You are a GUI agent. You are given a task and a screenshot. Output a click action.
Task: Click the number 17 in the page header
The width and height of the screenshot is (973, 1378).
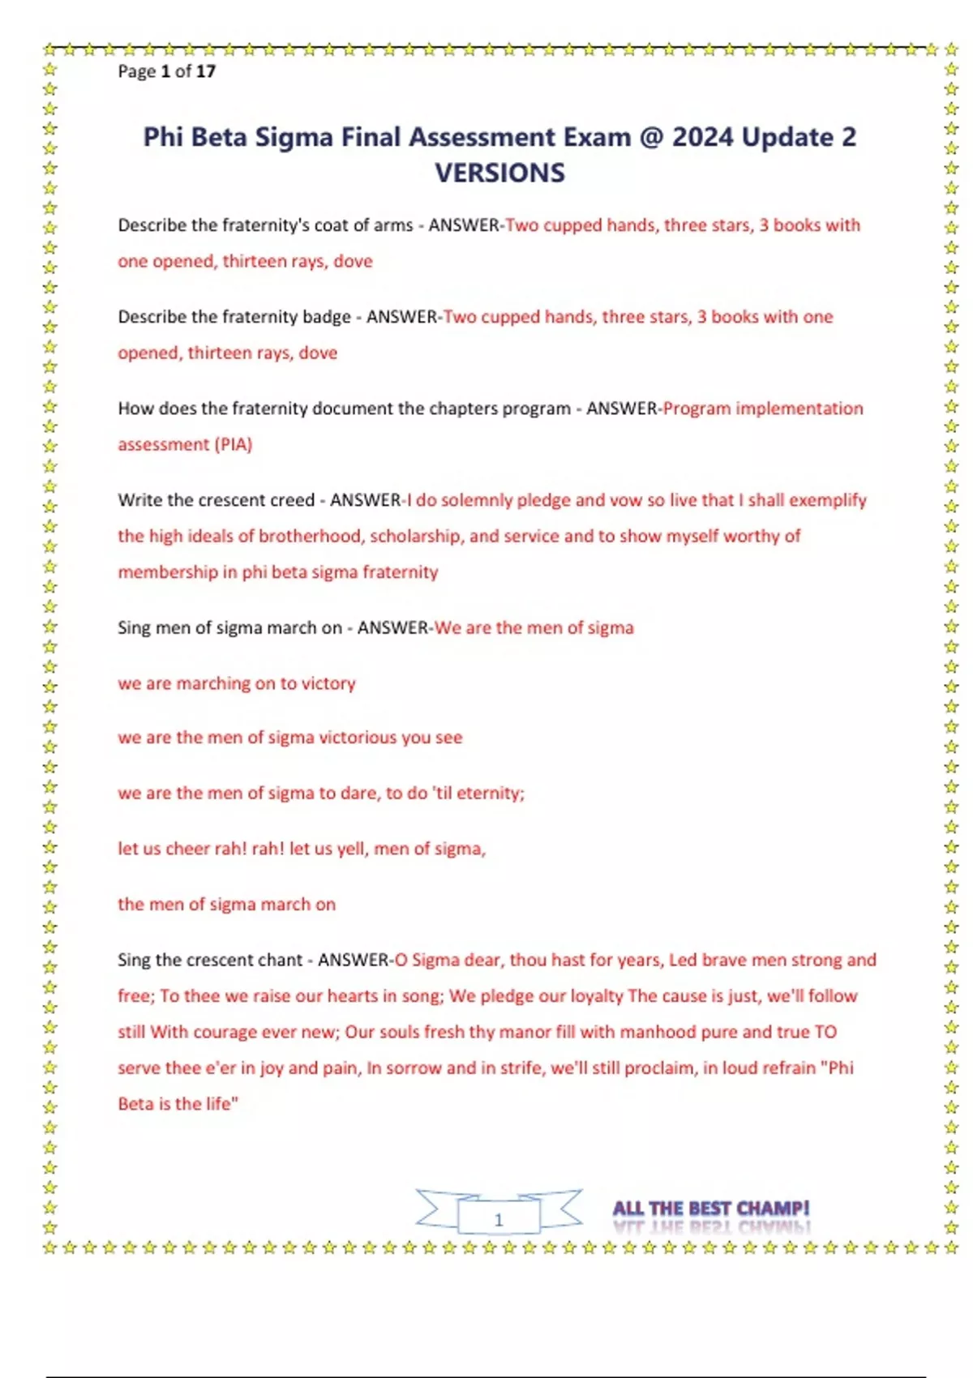[206, 71]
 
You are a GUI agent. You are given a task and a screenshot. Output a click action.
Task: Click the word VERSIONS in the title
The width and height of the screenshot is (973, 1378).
[499, 173]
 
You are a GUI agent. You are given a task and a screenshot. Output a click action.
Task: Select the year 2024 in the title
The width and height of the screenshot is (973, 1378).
[702, 137]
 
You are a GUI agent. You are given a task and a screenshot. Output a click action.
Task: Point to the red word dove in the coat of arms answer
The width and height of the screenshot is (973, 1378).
[353, 261]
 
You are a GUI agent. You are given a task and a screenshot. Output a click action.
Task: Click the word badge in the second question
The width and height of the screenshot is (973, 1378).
[327, 317]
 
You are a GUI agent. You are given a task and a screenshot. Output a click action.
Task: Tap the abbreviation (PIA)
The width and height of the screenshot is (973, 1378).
[234, 444]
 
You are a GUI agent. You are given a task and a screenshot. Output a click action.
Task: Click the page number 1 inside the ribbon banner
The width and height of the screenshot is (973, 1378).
[499, 1219]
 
